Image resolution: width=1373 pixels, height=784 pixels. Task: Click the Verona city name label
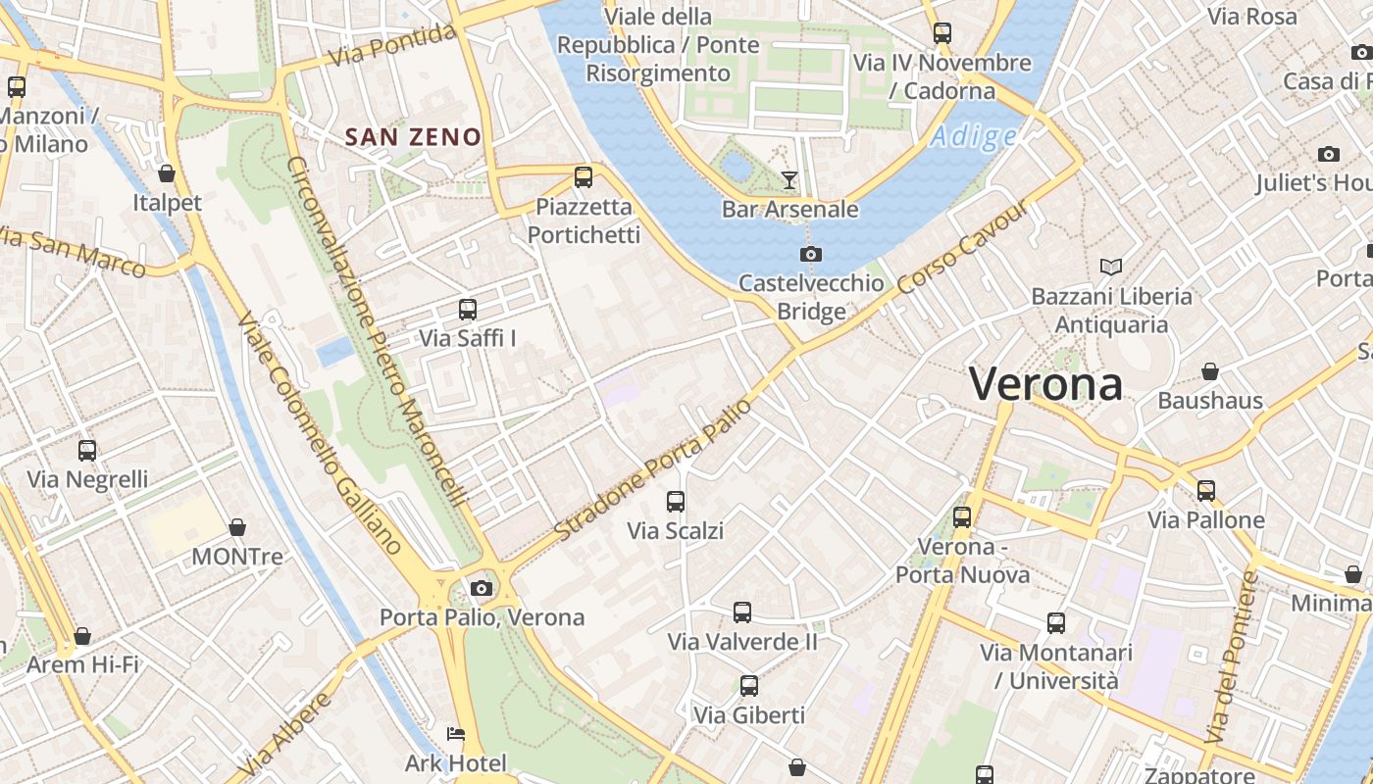[1045, 383]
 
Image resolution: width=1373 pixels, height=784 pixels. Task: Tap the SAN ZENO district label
[413, 137]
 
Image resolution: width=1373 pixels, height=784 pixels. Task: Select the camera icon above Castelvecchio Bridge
[810, 255]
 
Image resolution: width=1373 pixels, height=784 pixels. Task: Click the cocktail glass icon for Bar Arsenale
[789, 179]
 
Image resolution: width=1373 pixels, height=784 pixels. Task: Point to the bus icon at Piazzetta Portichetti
[584, 177]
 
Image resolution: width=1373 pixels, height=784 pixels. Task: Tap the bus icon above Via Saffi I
[468, 310]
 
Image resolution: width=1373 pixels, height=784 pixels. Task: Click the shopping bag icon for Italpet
[167, 173]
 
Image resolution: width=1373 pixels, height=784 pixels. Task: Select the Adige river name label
[973, 137]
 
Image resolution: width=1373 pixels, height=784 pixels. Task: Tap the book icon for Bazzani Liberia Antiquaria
[1111, 267]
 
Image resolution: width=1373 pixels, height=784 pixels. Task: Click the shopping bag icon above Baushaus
[1210, 371]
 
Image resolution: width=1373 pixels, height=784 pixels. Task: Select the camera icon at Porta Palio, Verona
[481, 588]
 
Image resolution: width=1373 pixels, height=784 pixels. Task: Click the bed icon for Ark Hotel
[456, 734]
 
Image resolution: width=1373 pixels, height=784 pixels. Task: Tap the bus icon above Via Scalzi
[676, 502]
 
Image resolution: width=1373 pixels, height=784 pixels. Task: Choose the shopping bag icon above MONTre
[236, 527]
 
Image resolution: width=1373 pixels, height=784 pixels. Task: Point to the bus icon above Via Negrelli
[87, 451]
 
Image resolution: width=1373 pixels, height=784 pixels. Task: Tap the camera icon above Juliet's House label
[1329, 154]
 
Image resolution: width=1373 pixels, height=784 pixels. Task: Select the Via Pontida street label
[392, 45]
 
